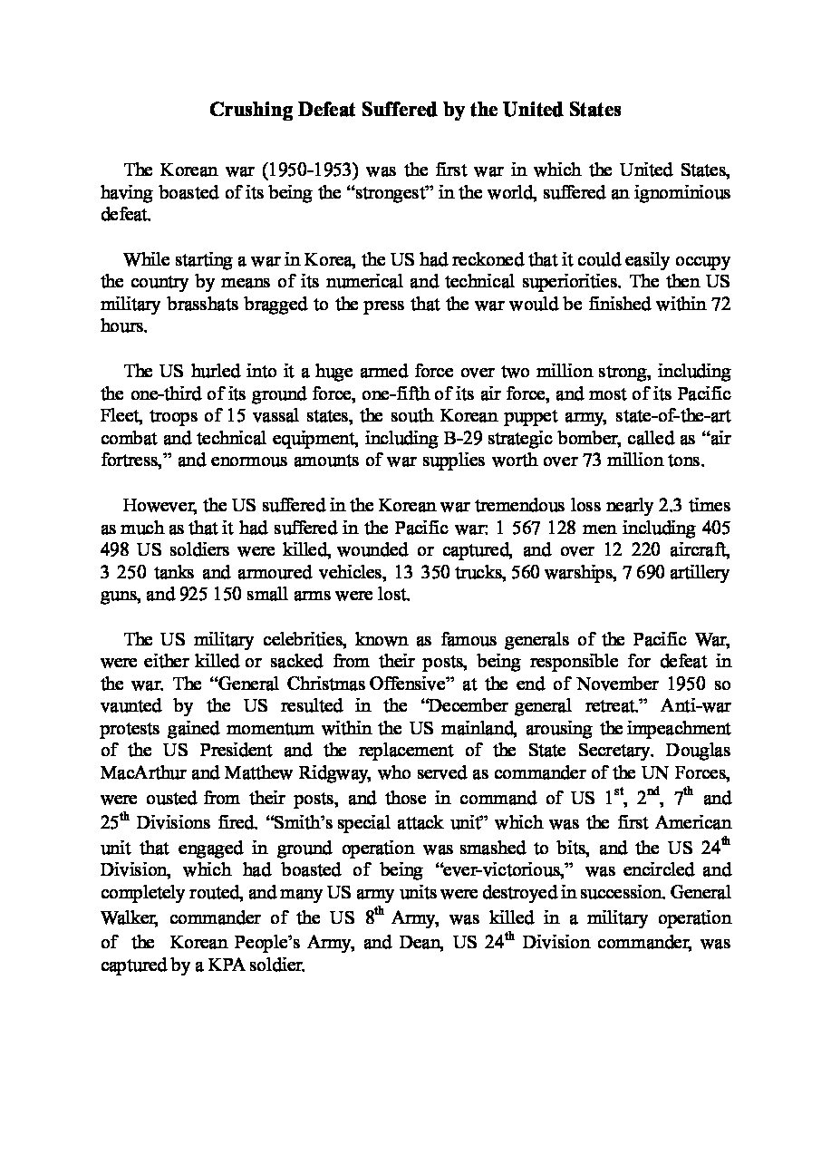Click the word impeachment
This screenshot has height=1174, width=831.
[x=681, y=728]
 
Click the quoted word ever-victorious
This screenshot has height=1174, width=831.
[x=513, y=869]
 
